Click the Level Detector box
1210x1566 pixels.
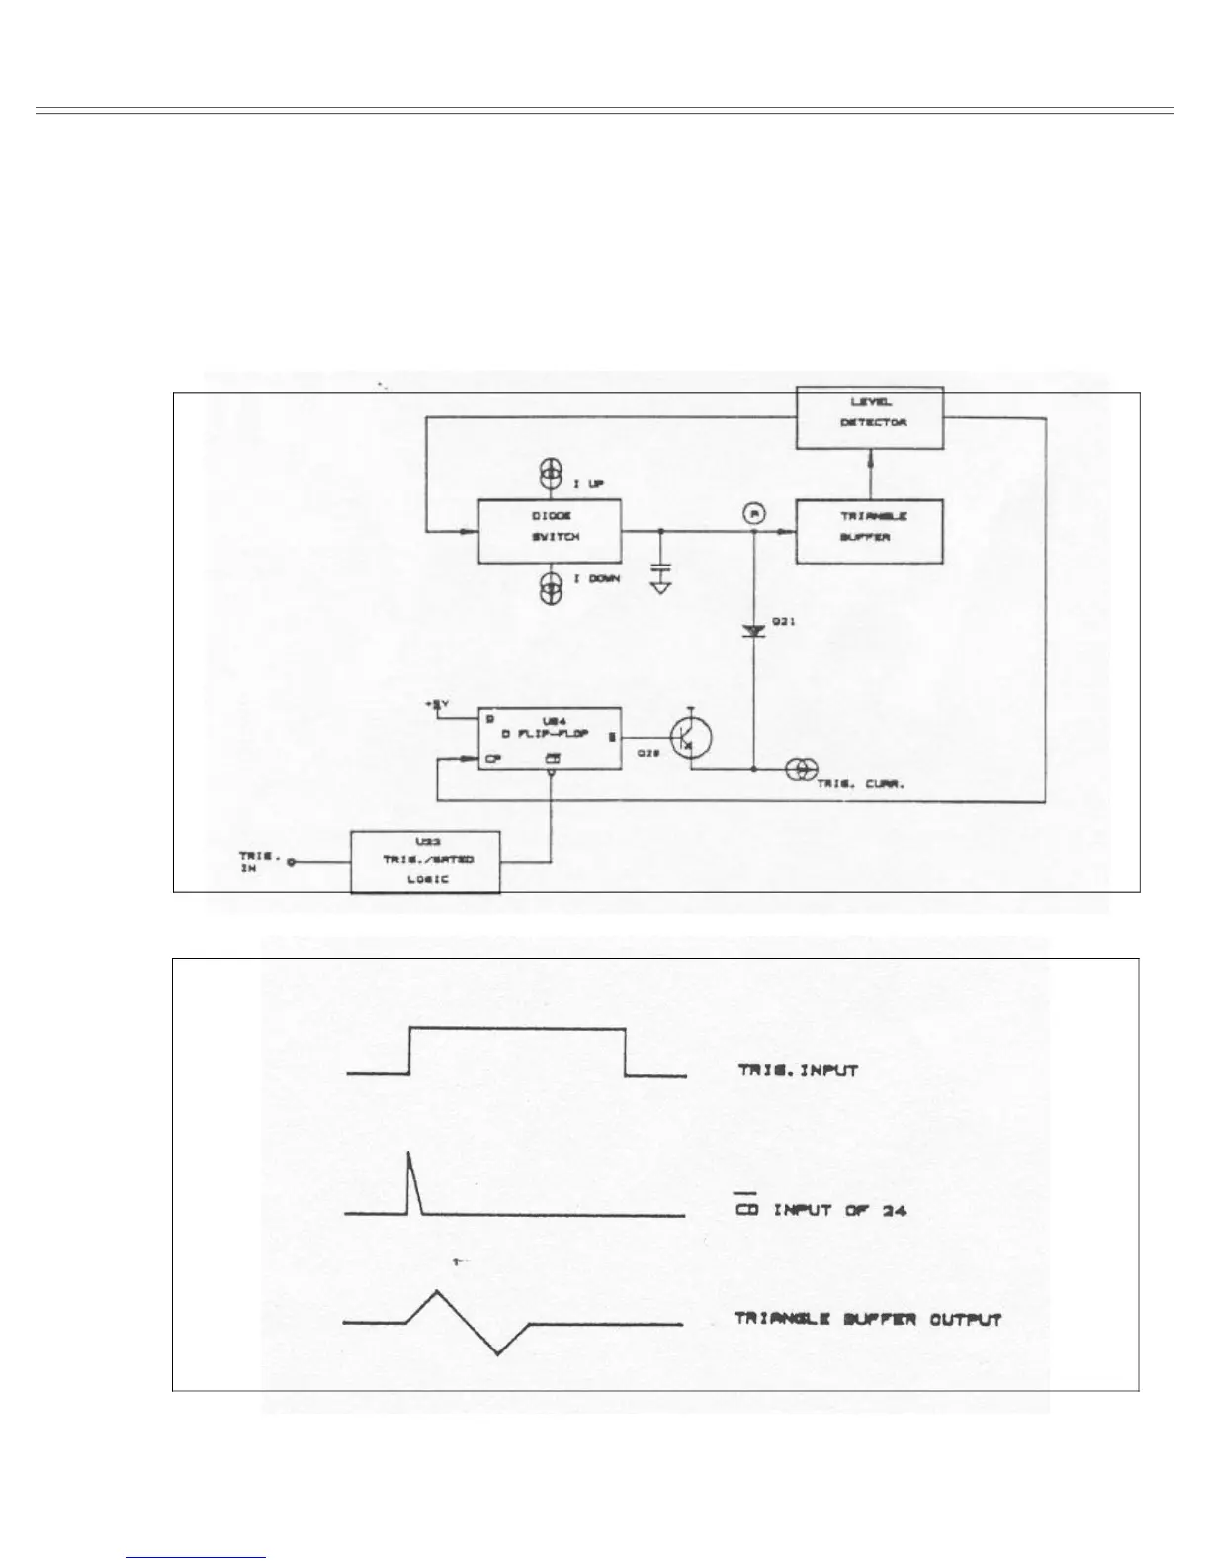click(x=870, y=414)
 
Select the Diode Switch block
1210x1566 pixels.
click(x=550, y=532)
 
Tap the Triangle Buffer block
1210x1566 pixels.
click(x=870, y=531)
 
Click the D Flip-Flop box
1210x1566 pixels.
click(x=550, y=739)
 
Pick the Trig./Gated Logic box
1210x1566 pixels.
click(x=427, y=862)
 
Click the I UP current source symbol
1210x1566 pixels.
click(x=550, y=476)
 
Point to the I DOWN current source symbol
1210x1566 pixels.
click(x=550, y=588)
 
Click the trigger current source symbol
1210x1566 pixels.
click(x=798, y=768)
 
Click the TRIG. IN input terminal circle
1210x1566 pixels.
click(x=292, y=862)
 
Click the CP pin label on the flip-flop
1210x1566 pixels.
click(x=491, y=760)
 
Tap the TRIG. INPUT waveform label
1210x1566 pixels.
click(x=797, y=1070)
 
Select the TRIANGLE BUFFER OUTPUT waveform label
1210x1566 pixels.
click(x=868, y=1319)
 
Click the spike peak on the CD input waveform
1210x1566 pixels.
click(x=408, y=1153)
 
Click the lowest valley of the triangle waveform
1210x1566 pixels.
click(x=497, y=1353)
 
